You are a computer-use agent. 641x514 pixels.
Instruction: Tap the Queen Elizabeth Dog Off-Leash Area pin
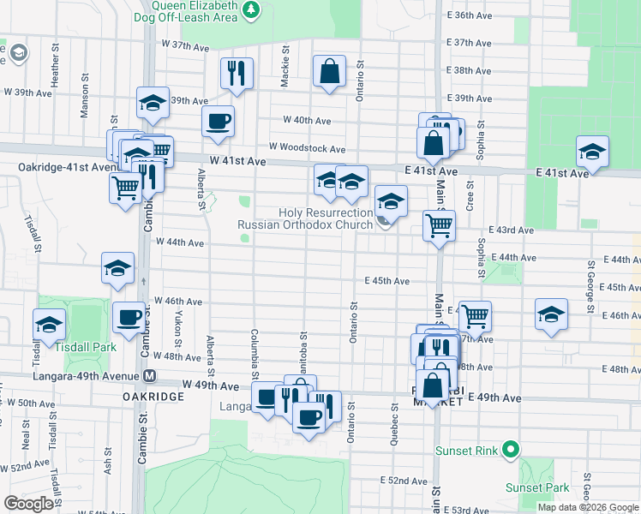point(251,10)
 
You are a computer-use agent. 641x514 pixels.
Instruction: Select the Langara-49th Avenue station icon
point(150,375)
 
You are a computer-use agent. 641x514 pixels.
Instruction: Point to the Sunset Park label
point(548,487)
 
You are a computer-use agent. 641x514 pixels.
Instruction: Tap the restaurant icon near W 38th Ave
point(237,73)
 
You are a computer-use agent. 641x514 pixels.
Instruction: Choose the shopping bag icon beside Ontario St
point(329,71)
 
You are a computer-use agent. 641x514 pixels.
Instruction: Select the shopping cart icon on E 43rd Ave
point(439,226)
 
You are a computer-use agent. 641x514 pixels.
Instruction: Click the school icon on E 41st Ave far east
point(591,151)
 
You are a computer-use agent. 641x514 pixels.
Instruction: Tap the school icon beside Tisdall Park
point(50,325)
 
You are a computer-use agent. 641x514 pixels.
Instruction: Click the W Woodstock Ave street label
point(307,148)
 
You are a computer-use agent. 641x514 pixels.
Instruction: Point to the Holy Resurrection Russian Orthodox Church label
point(305,218)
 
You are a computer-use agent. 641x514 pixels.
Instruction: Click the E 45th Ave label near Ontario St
point(386,280)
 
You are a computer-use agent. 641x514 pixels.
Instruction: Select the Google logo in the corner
point(28,504)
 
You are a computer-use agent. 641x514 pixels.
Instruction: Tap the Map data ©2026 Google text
point(588,507)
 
